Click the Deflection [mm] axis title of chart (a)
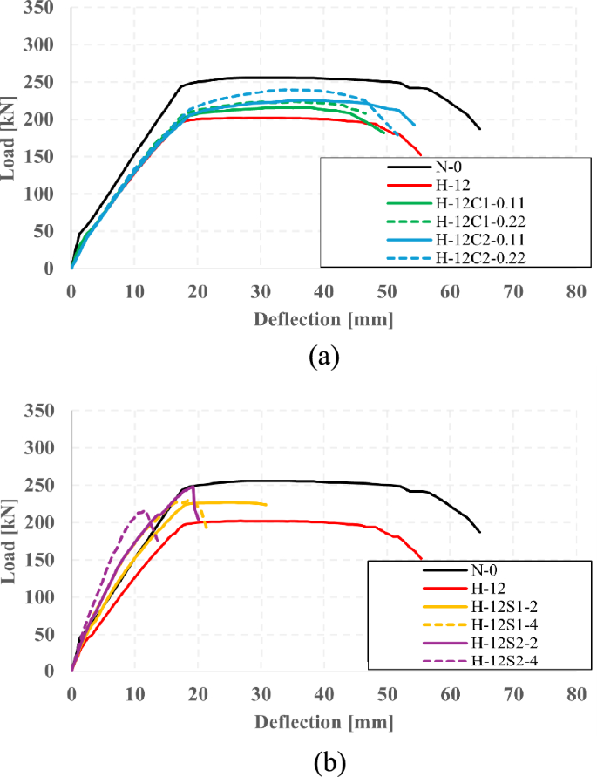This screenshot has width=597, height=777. pyautogui.click(x=322, y=318)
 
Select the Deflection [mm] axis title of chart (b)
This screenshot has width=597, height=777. pyautogui.click(x=322, y=722)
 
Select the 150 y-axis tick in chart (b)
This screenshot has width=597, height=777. pyautogui.click(x=42, y=560)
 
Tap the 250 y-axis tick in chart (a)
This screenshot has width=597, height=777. pyautogui.click(x=42, y=83)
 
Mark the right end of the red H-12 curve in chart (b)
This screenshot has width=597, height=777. pyautogui.click(x=421, y=559)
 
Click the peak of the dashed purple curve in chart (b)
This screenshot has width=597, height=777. pyautogui.click(x=141, y=511)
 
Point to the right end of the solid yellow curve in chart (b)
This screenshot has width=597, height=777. pyautogui.click(x=266, y=504)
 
